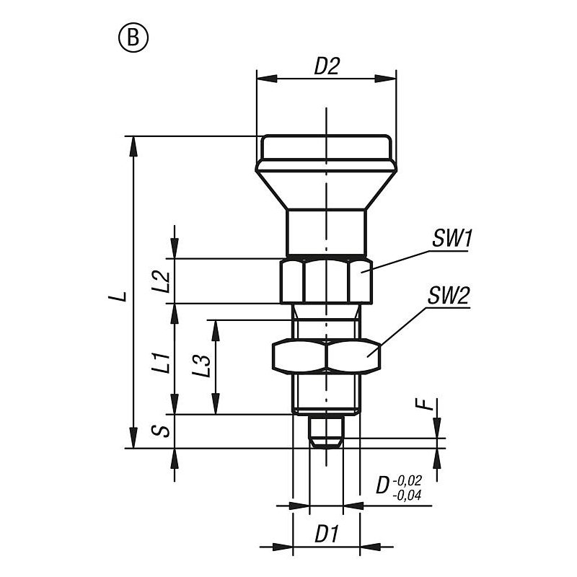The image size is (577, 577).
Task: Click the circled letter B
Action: point(133,38)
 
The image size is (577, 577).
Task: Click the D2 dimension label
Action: point(327,66)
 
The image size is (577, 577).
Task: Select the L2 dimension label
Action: point(161,281)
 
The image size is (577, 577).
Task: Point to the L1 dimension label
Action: point(161,363)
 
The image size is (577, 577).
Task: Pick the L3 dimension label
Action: point(201,366)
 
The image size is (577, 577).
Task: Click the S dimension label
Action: point(161,431)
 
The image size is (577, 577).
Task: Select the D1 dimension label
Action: point(327,534)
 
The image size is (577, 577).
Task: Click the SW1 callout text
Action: point(452,238)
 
